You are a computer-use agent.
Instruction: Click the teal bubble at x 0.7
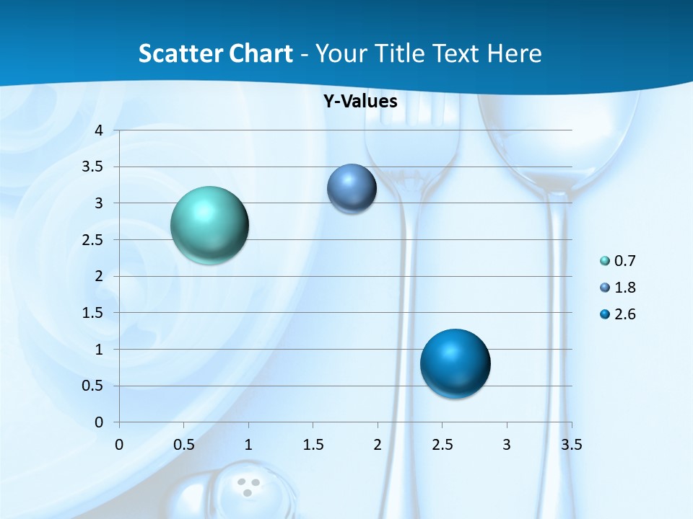click(x=209, y=225)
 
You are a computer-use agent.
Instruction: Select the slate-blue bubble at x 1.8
click(x=352, y=189)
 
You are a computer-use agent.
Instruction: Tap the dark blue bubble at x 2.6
click(x=455, y=363)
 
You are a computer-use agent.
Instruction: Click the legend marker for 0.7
click(x=605, y=261)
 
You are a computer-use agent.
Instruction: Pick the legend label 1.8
click(x=624, y=288)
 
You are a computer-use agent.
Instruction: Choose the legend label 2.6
click(x=624, y=314)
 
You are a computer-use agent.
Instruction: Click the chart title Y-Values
click(x=360, y=102)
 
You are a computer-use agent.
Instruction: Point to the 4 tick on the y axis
click(x=100, y=130)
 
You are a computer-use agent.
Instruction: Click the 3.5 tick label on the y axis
click(x=94, y=167)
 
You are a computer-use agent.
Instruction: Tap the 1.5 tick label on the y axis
click(x=94, y=313)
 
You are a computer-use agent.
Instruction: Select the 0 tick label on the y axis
click(x=100, y=422)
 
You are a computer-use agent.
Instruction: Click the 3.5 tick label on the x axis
click(x=571, y=444)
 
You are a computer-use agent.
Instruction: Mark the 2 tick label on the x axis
click(x=378, y=444)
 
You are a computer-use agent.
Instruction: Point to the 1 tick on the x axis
click(x=248, y=444)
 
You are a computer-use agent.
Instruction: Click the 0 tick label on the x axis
click(x=119, y=444)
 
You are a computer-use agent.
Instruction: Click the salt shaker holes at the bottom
click(x=248, y=487)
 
